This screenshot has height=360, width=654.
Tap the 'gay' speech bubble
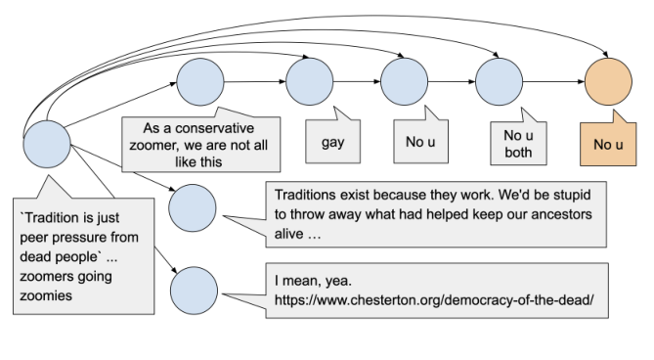332,142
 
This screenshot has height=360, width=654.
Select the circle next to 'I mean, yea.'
194,291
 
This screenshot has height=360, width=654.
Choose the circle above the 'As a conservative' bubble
200,80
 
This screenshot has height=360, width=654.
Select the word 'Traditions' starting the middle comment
305,193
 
